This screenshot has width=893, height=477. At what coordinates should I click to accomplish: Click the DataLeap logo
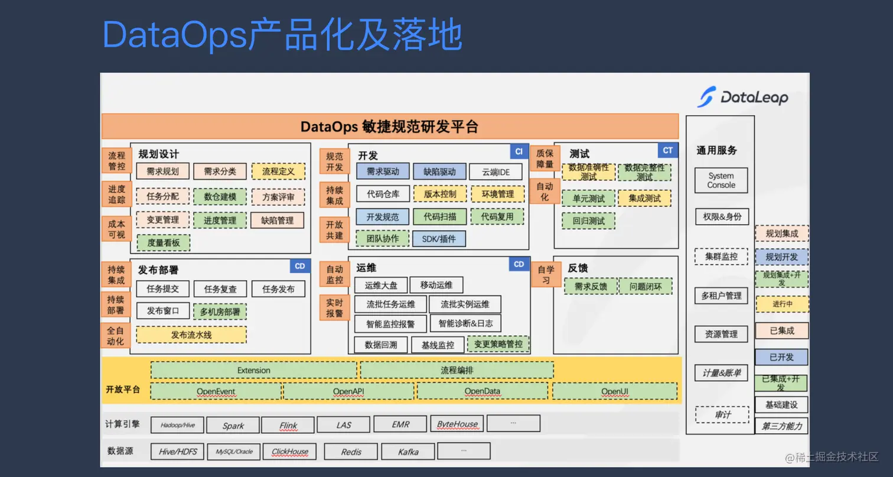pyautogui.click(x=742, y=97)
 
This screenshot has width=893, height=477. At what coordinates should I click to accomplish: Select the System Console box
pyautogui.click(x=721, y=180)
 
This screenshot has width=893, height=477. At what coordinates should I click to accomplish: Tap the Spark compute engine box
pyautogui.click(x=233, y=425)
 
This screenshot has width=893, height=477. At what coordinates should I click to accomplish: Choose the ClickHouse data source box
pyautogui.click(x=289, y=452)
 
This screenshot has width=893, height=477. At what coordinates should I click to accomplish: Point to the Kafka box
pyautogui.click(x=408, y=452)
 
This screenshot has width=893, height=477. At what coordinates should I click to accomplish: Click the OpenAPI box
pyautogui.click(x=350, y=391)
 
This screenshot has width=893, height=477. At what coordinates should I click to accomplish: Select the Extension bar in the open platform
pyautogui.click(x=253, y=371)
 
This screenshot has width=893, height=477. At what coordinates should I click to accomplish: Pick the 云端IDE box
pyautogui.click(x=496, y=172)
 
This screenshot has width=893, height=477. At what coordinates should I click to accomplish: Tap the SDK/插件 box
pyautogui.click(x=439, y=239)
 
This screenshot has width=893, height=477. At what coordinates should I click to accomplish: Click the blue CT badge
pyautogui.click(x=667, y=151)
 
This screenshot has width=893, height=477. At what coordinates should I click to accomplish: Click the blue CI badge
pyautogui.click(x=519, y=151)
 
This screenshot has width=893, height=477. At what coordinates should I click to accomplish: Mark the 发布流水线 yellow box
pyautogui.click(x=191, y=335)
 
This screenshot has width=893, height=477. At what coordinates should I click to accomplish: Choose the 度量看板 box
pyautogui.click(x=163, y=242)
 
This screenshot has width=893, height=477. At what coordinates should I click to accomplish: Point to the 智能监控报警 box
pyautogui.click(x=390, y=324)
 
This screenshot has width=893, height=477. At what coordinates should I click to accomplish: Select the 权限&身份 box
pyautogui.click(x=721, y=216)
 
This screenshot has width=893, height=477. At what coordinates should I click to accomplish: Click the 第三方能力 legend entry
pyautogui.click(x=781, y=426)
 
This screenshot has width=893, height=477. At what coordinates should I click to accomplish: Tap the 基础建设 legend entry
pyautogui.click(x=781, y=405)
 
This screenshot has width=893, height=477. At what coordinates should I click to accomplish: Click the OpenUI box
pyautogui.click(x=614, y=391)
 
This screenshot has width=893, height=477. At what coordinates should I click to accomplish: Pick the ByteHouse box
pyautogui.click(x=457, y=424)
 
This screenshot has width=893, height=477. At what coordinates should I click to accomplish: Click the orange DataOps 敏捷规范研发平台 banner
pyautogui.click(x=390, y=126)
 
